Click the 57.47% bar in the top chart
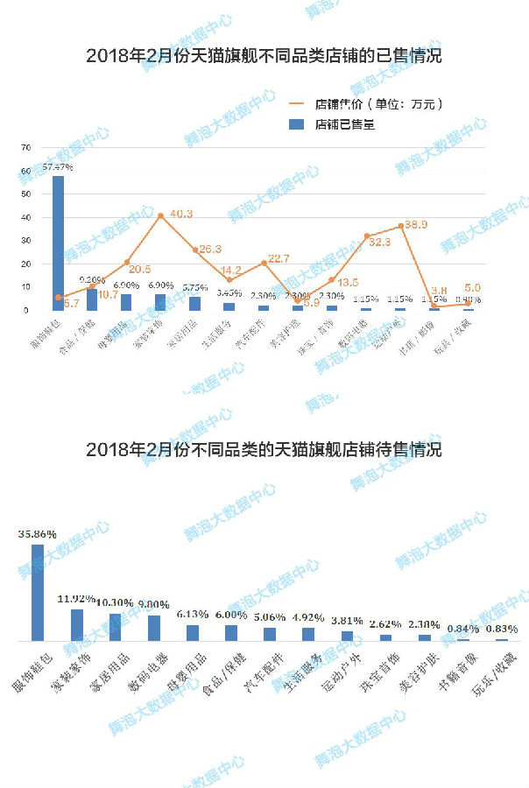coord(58,243)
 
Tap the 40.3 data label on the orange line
coord(181,214)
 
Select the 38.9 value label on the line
coord(416,225)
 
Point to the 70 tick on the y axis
coord(26,147)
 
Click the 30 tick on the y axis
coord(26,241)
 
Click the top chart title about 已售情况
coord(264,57)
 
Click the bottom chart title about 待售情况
coord(264,450)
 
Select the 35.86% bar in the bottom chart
coord(38,593)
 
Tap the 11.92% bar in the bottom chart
coord(77,625)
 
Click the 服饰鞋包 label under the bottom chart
coord(35,670)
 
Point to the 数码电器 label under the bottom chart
coord(152,670)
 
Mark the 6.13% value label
coord(193,615)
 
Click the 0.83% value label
coord(502,629)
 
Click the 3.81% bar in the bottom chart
coord(347,636)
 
